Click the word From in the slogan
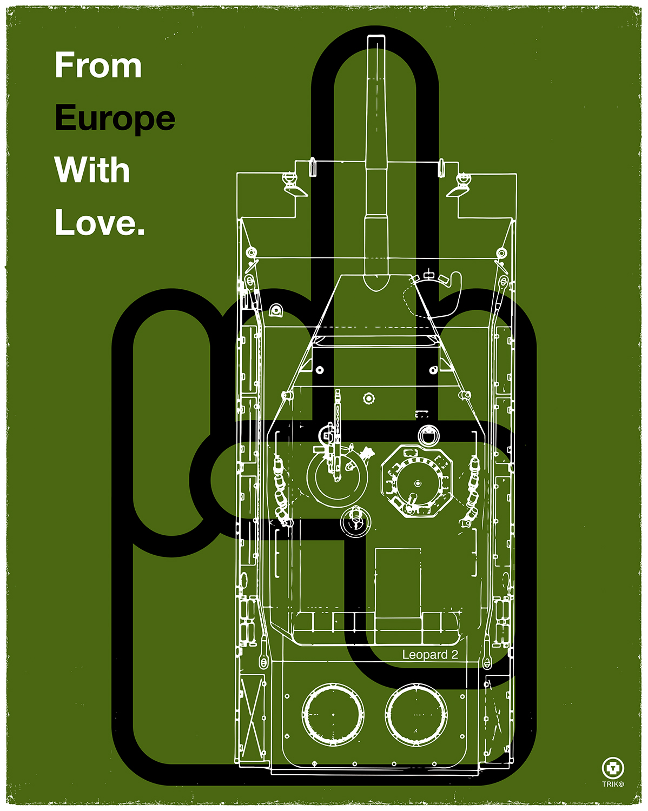point(98,66)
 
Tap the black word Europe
point(115,118)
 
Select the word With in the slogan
point(92,170)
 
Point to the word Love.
point(100,222)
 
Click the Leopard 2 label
point(430,655)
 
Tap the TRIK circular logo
point(613,768)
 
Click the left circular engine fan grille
point(333,714)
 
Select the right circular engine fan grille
point(416,714)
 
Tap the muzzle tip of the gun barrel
point(375,41)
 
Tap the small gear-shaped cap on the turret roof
point(368,398)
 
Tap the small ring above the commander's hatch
point(428,435)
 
